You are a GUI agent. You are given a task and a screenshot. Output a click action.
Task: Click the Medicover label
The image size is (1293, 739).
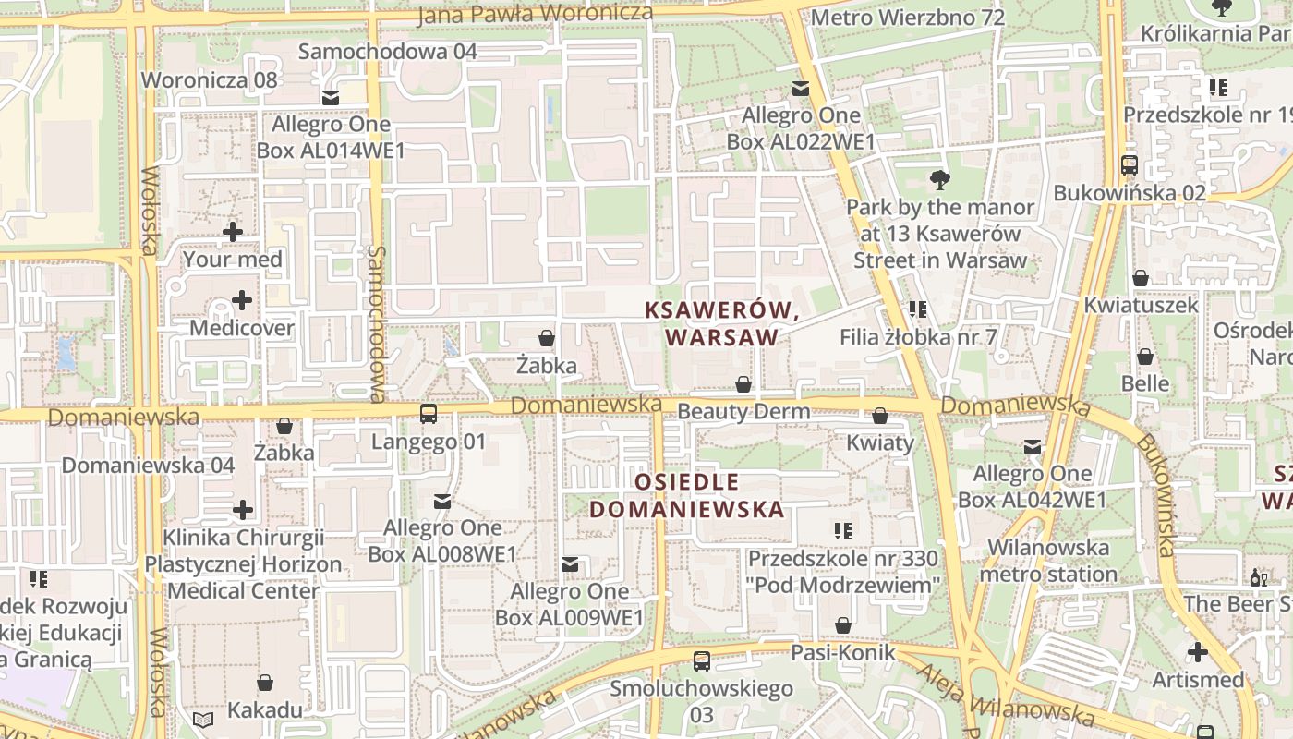point(241,328)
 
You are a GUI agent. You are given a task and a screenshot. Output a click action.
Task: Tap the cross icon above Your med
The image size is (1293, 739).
point(233,232)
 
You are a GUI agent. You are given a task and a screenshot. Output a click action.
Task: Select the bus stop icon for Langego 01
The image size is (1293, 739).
point(429,414)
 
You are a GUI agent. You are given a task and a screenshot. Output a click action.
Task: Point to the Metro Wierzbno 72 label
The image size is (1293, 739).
point(906,18)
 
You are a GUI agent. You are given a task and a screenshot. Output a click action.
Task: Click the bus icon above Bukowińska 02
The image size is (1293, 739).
point(1130,165)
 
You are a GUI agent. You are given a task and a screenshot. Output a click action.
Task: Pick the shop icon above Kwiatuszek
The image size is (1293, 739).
point(1141,278)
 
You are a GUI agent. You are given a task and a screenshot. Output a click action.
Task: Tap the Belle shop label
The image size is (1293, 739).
point(1145,382)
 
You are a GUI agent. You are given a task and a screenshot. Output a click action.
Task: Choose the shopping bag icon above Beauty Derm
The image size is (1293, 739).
point(743,384)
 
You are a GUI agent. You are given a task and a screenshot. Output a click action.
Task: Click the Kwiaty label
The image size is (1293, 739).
point(880,442)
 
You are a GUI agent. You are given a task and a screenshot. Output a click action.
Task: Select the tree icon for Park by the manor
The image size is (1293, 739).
point(940,180)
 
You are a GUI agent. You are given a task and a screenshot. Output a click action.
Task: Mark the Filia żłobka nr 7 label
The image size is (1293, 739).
point(918,337)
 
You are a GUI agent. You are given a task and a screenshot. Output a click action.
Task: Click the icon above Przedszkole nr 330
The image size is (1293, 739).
point(842,531)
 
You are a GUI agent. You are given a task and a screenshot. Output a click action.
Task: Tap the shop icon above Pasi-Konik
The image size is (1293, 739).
point(842,625)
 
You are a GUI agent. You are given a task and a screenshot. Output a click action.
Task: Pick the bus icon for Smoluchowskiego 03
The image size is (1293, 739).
point(702,661)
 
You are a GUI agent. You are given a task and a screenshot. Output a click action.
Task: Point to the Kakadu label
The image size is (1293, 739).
point(264,709)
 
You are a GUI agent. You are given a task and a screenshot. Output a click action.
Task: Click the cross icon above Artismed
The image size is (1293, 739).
point(1198,652)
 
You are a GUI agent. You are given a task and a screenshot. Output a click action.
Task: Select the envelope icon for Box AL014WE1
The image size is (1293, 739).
point(331,97)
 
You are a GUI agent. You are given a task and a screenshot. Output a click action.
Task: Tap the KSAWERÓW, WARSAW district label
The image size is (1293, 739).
point(722,324)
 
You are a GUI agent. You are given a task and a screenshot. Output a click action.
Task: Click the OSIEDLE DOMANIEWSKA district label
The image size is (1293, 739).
point(687,495)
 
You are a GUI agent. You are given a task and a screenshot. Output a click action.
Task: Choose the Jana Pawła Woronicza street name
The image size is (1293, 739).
point(535,14)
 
